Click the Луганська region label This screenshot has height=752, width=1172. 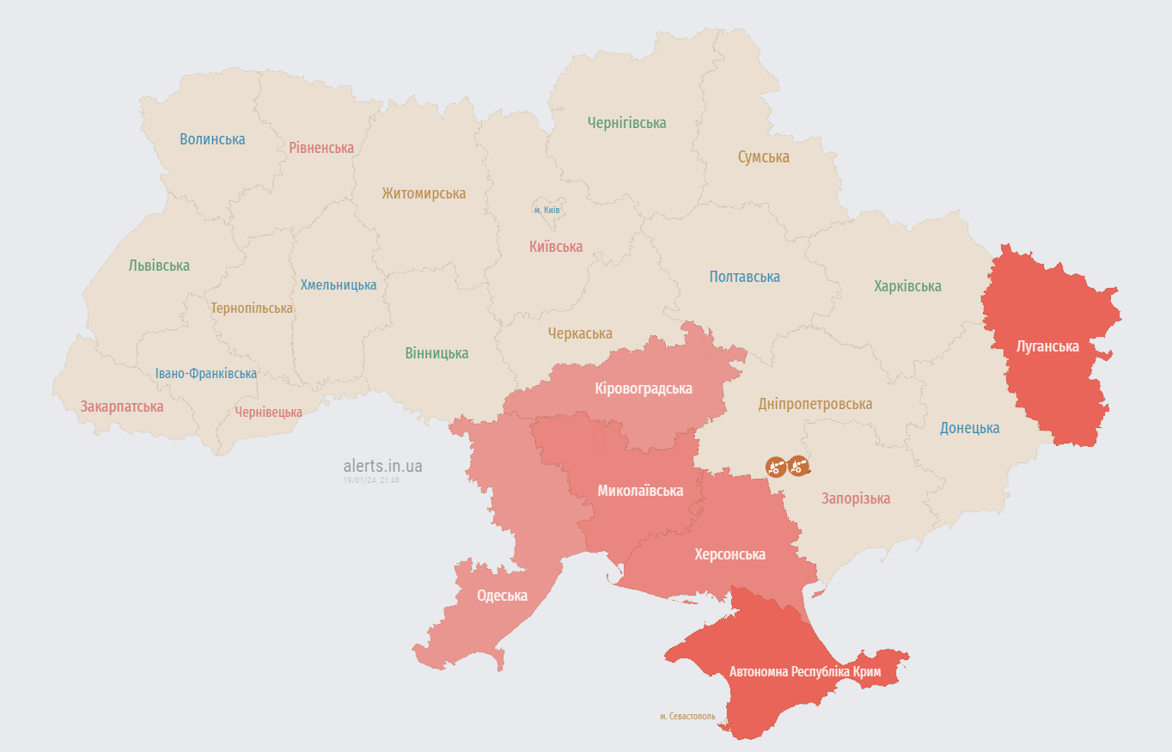1047,347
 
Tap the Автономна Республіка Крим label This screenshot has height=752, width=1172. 804,671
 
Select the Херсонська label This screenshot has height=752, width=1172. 729,554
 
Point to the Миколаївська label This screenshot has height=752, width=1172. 640,491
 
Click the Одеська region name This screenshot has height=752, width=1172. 503,596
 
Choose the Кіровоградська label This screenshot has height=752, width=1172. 644,388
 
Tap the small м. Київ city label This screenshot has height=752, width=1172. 547,210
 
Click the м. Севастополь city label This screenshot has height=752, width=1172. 687,716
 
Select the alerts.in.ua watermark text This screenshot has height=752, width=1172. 382,466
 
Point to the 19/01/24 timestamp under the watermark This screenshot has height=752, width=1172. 371,480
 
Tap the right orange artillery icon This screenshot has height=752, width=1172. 798,466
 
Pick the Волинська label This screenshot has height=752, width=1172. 212,139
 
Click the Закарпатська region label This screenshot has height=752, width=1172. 122,407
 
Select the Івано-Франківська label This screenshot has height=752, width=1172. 206,374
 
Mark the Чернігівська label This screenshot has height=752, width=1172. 626,123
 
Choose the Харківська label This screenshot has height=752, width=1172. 907,286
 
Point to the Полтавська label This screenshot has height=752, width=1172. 744,277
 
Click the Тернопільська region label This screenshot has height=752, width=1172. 252,308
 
